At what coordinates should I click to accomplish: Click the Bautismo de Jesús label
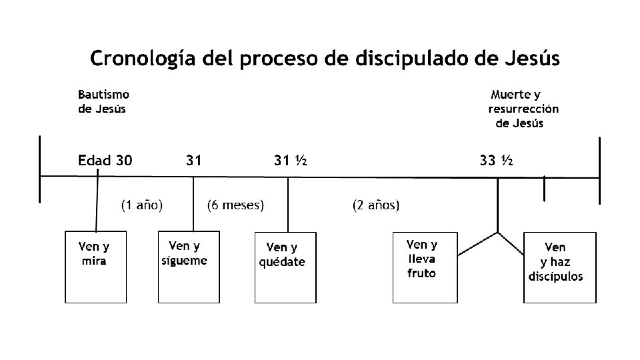pos(103,102)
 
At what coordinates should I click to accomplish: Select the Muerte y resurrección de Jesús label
pos(523,109)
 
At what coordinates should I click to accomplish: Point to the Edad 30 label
pos(105,160)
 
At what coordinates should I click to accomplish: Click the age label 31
pos(193,160)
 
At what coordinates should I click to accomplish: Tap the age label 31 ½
pos(290,160)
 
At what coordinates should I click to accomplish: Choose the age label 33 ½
pos(496,160)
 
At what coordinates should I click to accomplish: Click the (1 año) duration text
pos(142,205)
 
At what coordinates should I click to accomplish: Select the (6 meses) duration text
pos(236,205)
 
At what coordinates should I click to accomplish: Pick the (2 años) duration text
pos(376,205)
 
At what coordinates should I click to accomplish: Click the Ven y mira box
pos(95,267)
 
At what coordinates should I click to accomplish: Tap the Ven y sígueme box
pos(187,267)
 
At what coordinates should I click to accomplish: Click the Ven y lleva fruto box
pos(425,267)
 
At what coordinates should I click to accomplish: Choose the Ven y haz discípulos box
pos(559,267)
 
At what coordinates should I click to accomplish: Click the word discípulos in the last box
pos(555,276)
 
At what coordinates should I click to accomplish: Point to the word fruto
pos(421,273)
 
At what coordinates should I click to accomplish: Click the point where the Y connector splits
pos(497,233)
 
